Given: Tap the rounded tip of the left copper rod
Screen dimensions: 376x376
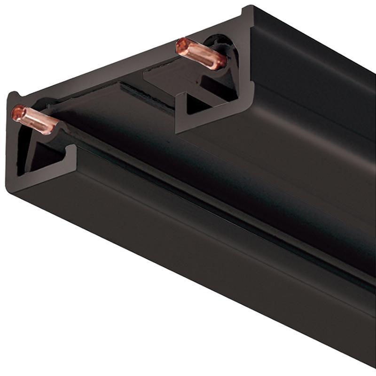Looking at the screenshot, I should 18,112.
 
